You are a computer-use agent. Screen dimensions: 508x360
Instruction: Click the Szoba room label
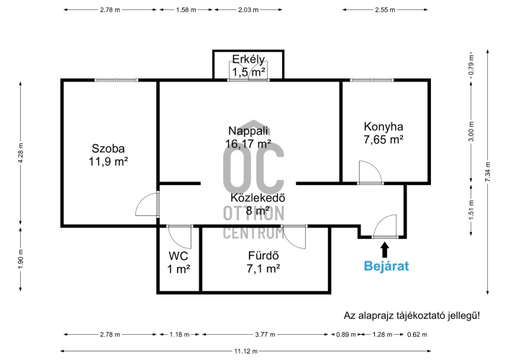[108, 155]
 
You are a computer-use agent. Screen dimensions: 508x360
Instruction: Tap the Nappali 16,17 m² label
[248, 138]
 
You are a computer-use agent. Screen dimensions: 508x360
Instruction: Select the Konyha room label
[384, 133]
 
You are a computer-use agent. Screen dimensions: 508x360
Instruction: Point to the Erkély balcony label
[248, 66]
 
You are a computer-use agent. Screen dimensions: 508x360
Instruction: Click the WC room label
[178, 262]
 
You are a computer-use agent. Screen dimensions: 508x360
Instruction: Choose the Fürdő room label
[263, 262]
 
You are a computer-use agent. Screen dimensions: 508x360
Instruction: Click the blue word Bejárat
[386, 266]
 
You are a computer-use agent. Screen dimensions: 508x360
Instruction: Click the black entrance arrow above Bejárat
[384, 250]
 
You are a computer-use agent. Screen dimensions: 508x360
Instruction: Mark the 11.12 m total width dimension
[246, 351]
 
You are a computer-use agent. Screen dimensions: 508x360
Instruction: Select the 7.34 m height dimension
[488, 172]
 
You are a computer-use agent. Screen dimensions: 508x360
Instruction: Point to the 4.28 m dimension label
[21, 153]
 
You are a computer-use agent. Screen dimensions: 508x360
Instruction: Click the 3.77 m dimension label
[265, 334]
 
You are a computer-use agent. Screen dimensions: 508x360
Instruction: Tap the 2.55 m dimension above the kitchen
[385, 10]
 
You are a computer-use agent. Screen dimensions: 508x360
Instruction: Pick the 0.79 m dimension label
[471, 65]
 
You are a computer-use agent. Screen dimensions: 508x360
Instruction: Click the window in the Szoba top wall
[117, 80]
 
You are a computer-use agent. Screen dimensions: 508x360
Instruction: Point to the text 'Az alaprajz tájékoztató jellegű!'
[412, 315]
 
